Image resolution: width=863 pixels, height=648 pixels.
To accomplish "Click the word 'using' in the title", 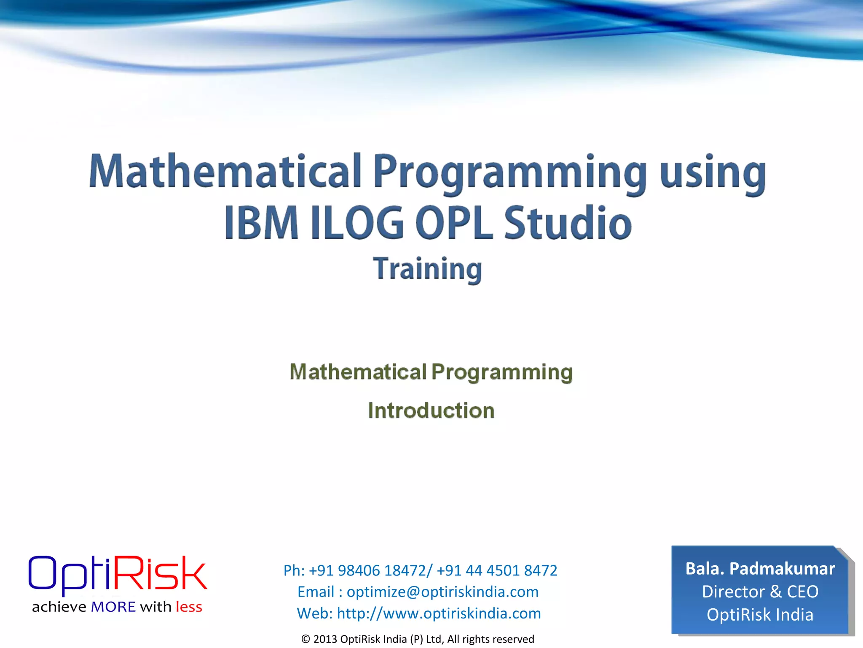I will [713, 173].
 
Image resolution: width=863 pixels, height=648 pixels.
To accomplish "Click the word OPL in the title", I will [454, 223].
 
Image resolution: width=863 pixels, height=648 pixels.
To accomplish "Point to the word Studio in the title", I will [568, 223].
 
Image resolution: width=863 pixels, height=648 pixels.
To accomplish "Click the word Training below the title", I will [427, 269].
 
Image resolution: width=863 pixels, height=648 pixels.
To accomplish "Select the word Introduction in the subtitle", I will [431, 410].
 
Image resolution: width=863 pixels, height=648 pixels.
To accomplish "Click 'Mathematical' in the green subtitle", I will [358, 372].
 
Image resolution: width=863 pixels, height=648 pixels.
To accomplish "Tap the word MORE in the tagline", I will [113, 607].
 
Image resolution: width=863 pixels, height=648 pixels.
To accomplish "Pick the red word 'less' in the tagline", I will [189, 607].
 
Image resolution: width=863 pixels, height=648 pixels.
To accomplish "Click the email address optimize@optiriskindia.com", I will [442, 592].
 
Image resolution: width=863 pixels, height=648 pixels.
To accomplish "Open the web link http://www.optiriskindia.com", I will [439, 613].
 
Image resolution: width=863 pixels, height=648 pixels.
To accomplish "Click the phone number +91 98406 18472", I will [367, 570].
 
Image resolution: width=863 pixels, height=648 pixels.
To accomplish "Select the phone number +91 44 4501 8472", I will [497, 570].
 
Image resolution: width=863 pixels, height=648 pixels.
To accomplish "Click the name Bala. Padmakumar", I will [760, 569].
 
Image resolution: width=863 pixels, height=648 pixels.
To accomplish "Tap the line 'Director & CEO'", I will [760, 591].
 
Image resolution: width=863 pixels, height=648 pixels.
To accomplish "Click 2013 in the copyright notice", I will [325, 639].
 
